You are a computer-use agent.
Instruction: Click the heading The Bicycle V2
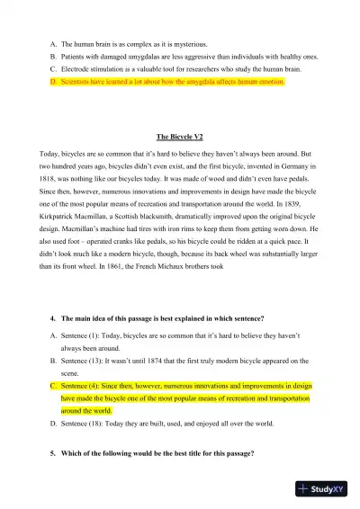180,137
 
